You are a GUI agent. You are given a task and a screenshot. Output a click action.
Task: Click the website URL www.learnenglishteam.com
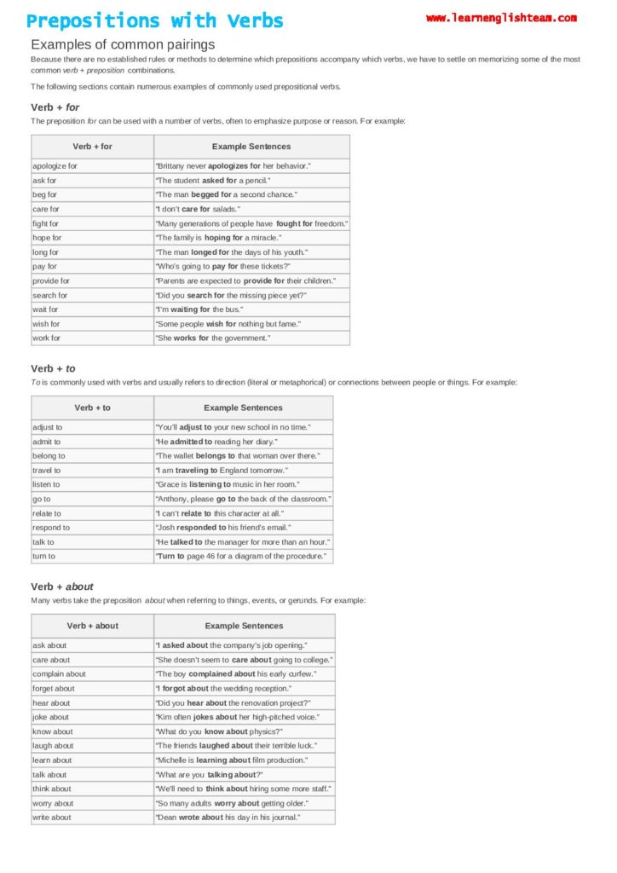tap(501, 18)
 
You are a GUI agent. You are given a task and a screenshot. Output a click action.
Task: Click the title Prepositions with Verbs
tap(155, 21)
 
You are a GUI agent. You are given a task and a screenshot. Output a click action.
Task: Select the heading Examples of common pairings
tap(123, 44)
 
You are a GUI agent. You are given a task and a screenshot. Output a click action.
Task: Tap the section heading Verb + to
tap(54, 368)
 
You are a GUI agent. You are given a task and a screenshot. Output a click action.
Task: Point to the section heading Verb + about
tap(62, 587)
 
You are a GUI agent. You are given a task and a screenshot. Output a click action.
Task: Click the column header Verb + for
tap(92, 147)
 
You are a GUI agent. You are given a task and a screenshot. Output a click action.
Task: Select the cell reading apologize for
tap(55, 166)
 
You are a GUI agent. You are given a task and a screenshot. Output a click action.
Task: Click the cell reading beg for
tap(45, 195)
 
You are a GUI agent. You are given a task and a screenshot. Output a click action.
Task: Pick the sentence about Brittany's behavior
tap(233, 166)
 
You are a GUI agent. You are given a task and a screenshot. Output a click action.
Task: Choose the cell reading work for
tap(47, 338)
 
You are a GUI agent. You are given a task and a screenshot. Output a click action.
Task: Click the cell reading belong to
tap(49, 456)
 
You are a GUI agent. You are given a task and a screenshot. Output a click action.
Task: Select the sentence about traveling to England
tap(222, 471)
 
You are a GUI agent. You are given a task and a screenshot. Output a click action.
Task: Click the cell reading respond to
tap(51, 528)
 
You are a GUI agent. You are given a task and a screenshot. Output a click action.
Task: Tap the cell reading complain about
tap(59, 674)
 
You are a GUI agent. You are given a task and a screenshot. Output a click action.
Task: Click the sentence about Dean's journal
tap(228, 818)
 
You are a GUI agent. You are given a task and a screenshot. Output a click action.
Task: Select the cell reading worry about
tap(53, 803)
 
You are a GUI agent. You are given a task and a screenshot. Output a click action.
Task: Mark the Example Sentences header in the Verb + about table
tap(244, 626)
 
